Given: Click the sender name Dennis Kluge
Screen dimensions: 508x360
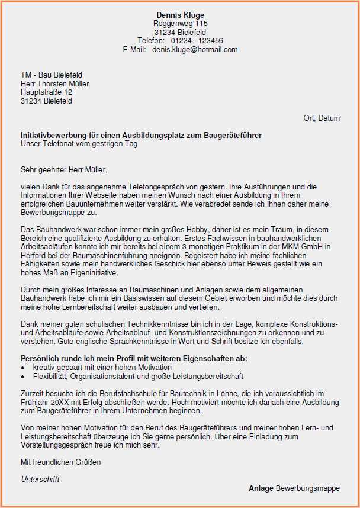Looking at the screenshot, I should pyautogui.click(x=180, y=15).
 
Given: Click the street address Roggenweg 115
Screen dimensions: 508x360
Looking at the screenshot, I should pyautogui.click(x=180, y=23).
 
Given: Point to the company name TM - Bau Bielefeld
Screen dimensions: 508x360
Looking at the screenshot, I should pyautogui.click(x=52, y=75).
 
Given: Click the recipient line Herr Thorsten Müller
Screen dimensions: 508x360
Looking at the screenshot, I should pyautogui.click(x=54, y=84).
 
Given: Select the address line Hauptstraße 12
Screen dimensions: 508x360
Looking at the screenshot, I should pyautogui.click(x=46, y=92).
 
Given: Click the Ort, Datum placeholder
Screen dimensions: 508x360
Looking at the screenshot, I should pyautogui.click(x=322, y=118).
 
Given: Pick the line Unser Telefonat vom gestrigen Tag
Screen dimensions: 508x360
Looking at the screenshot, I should pyautogui.click(x=79, y=144).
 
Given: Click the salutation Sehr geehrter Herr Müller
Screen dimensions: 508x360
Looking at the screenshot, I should pyautogui.click(x=64, y=170).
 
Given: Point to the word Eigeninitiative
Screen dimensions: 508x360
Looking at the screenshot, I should pyautogui.click(x=91, y=273).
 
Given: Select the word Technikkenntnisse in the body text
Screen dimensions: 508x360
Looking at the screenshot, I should pyautogui.click(x=142, y=324).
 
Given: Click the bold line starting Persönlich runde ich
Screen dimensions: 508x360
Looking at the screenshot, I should pyautogui.click(x=134, y=359).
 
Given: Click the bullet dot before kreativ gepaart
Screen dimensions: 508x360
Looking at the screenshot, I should pyautogui.click(x=23, y=368).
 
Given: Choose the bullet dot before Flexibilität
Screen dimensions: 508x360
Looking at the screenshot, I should pyautogui.click(x=23, y=377).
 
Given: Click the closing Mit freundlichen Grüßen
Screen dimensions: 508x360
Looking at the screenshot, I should pyautogui.click(x=61, y=462).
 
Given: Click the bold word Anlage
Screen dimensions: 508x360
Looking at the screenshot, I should pyautogui.click(x=261, y=488).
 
